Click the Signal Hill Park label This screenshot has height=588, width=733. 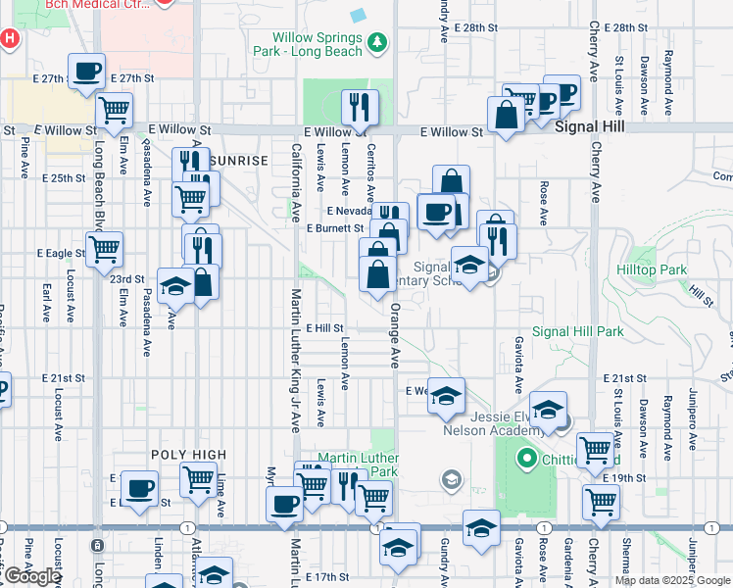(577, 331)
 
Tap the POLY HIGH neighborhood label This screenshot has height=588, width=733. (188, 455)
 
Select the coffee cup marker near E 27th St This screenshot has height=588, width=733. (87, 72)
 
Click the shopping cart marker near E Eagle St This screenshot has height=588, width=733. (104, 249)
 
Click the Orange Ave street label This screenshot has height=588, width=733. (396, 333)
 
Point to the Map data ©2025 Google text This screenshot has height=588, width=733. (671, 580)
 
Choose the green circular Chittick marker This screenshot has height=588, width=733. (526, 458)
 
